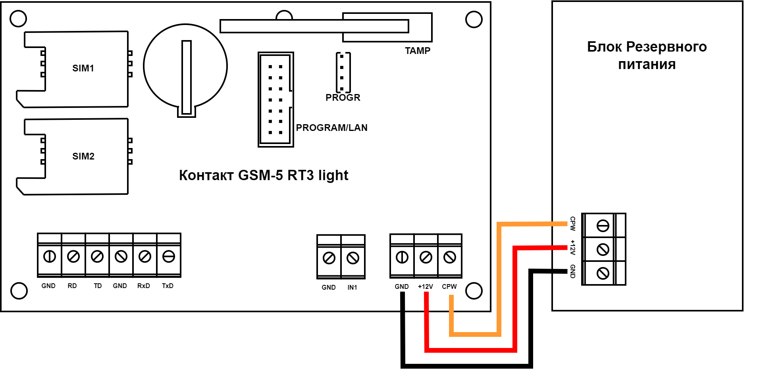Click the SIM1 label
point(83,68)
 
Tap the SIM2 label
point(83,156)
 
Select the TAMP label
point(418,51)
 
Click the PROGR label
point(343,98)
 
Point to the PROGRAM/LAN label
point(332,128)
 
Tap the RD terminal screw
point(73,257)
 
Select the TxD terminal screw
point(169,257)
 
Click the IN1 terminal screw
point(353,258)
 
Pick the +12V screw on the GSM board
point(426,258)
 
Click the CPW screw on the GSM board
point(450,258)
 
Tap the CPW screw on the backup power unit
point(603,226)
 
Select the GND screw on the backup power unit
point(603,273)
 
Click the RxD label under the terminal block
point(144,286)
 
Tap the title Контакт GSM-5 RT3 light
point(264,175)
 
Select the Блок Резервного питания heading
point(647,56)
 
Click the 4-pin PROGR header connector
point(343,73)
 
